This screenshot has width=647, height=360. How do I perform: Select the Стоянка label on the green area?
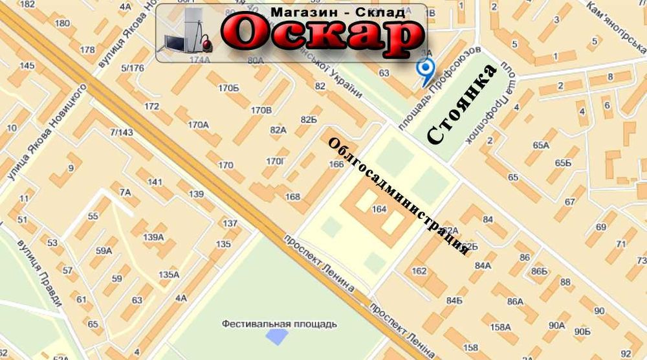pyautogui.click(x=463, y=104)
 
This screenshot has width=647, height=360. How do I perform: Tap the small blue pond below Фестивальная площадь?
pyautogui.click(x=278, y=337)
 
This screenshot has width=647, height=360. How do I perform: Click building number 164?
pyautogui.click(x=379, y=209)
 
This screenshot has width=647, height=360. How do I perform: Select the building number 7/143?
pyautogui.click(x=122, y=132)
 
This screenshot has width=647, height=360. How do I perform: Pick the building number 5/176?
pyautogui.click(x=132, y=67)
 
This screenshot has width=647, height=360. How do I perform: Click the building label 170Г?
pyautogui.click(x=276, y=161)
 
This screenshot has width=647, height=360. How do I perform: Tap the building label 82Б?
pyautogui.click(x=309, y=120)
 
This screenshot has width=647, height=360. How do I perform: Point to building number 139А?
pyautogui.click(x=153, y=237)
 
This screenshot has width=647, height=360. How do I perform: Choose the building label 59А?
pyautogui.click(x=104, y=251)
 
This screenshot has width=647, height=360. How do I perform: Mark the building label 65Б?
pyautogui.click(x=563, y=162)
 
